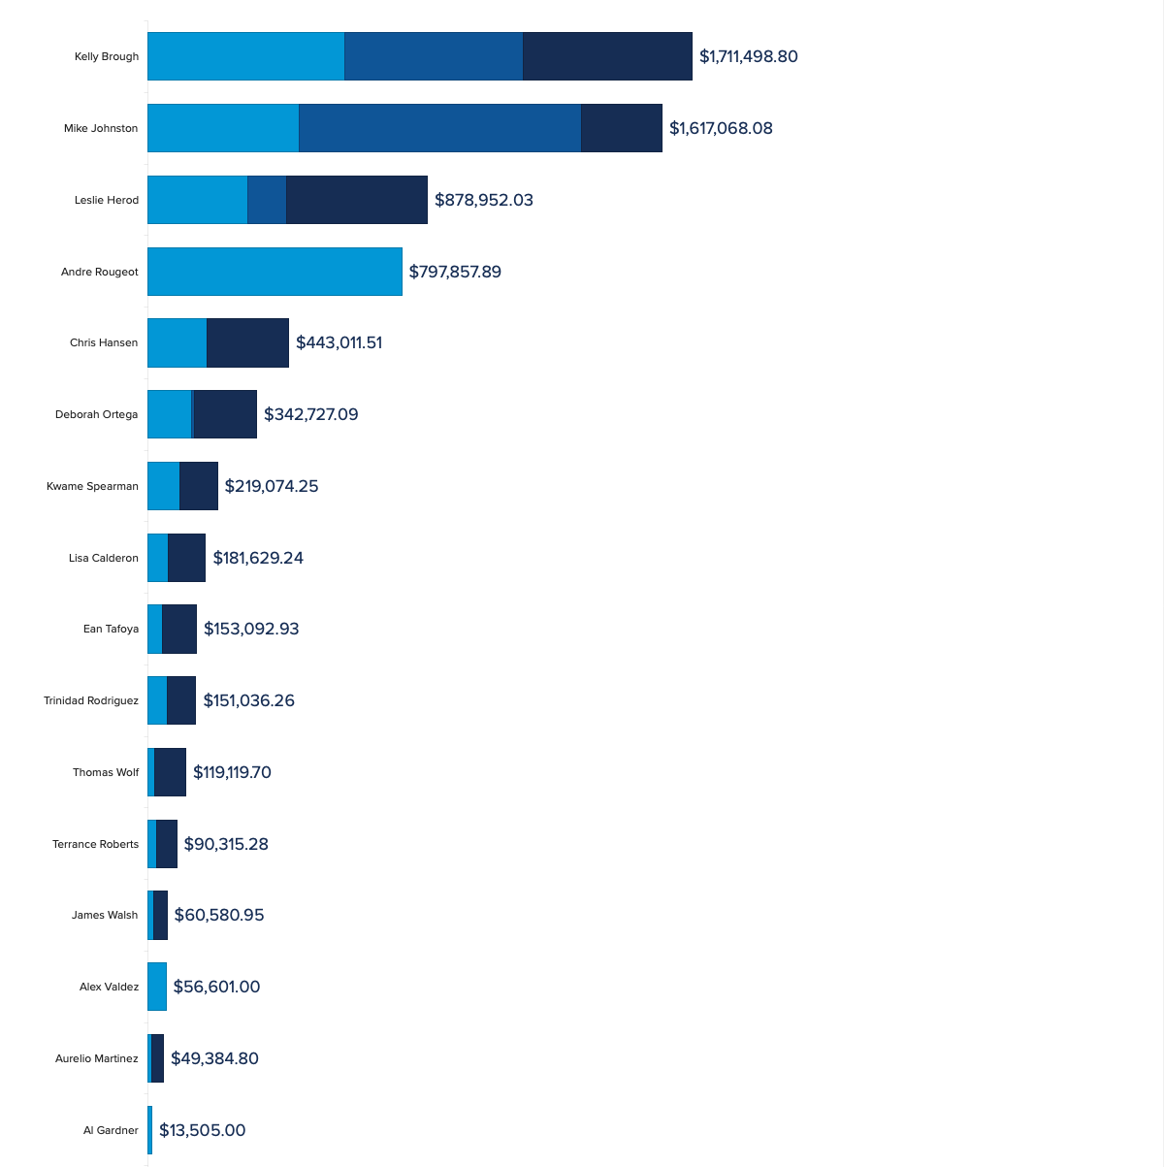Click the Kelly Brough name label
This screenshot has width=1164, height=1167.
[107, 56]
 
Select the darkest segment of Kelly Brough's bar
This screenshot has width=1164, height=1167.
[607, 56]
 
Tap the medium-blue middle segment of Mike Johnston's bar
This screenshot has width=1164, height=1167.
[439, 128]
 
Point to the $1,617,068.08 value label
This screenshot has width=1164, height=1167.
[721, 128]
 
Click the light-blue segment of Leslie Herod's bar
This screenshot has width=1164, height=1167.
[197, 200]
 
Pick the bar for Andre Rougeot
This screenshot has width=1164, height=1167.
[275, 272]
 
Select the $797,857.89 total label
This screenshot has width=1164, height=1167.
[455, 272]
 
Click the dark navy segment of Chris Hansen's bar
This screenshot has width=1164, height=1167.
[247, 342]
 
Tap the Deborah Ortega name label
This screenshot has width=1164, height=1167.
[96, 414]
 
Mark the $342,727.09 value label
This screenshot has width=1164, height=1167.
[310, 414]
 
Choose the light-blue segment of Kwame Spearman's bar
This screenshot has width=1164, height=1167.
[163, 486]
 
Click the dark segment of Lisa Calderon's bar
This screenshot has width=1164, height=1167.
[186, 558]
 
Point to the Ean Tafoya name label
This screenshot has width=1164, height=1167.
[111, 629]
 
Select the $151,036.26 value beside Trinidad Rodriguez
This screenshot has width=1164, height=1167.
[248, 700]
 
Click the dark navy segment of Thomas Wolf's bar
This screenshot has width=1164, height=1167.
[170, 772]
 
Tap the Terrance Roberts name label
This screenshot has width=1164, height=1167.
[95, 844]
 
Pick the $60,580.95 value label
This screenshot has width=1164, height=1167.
[219, 915]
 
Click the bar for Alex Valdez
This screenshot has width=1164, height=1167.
[157, 987]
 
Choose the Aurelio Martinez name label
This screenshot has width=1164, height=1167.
[96, 1058]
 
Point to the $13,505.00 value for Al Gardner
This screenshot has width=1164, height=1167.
[202, 1130]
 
